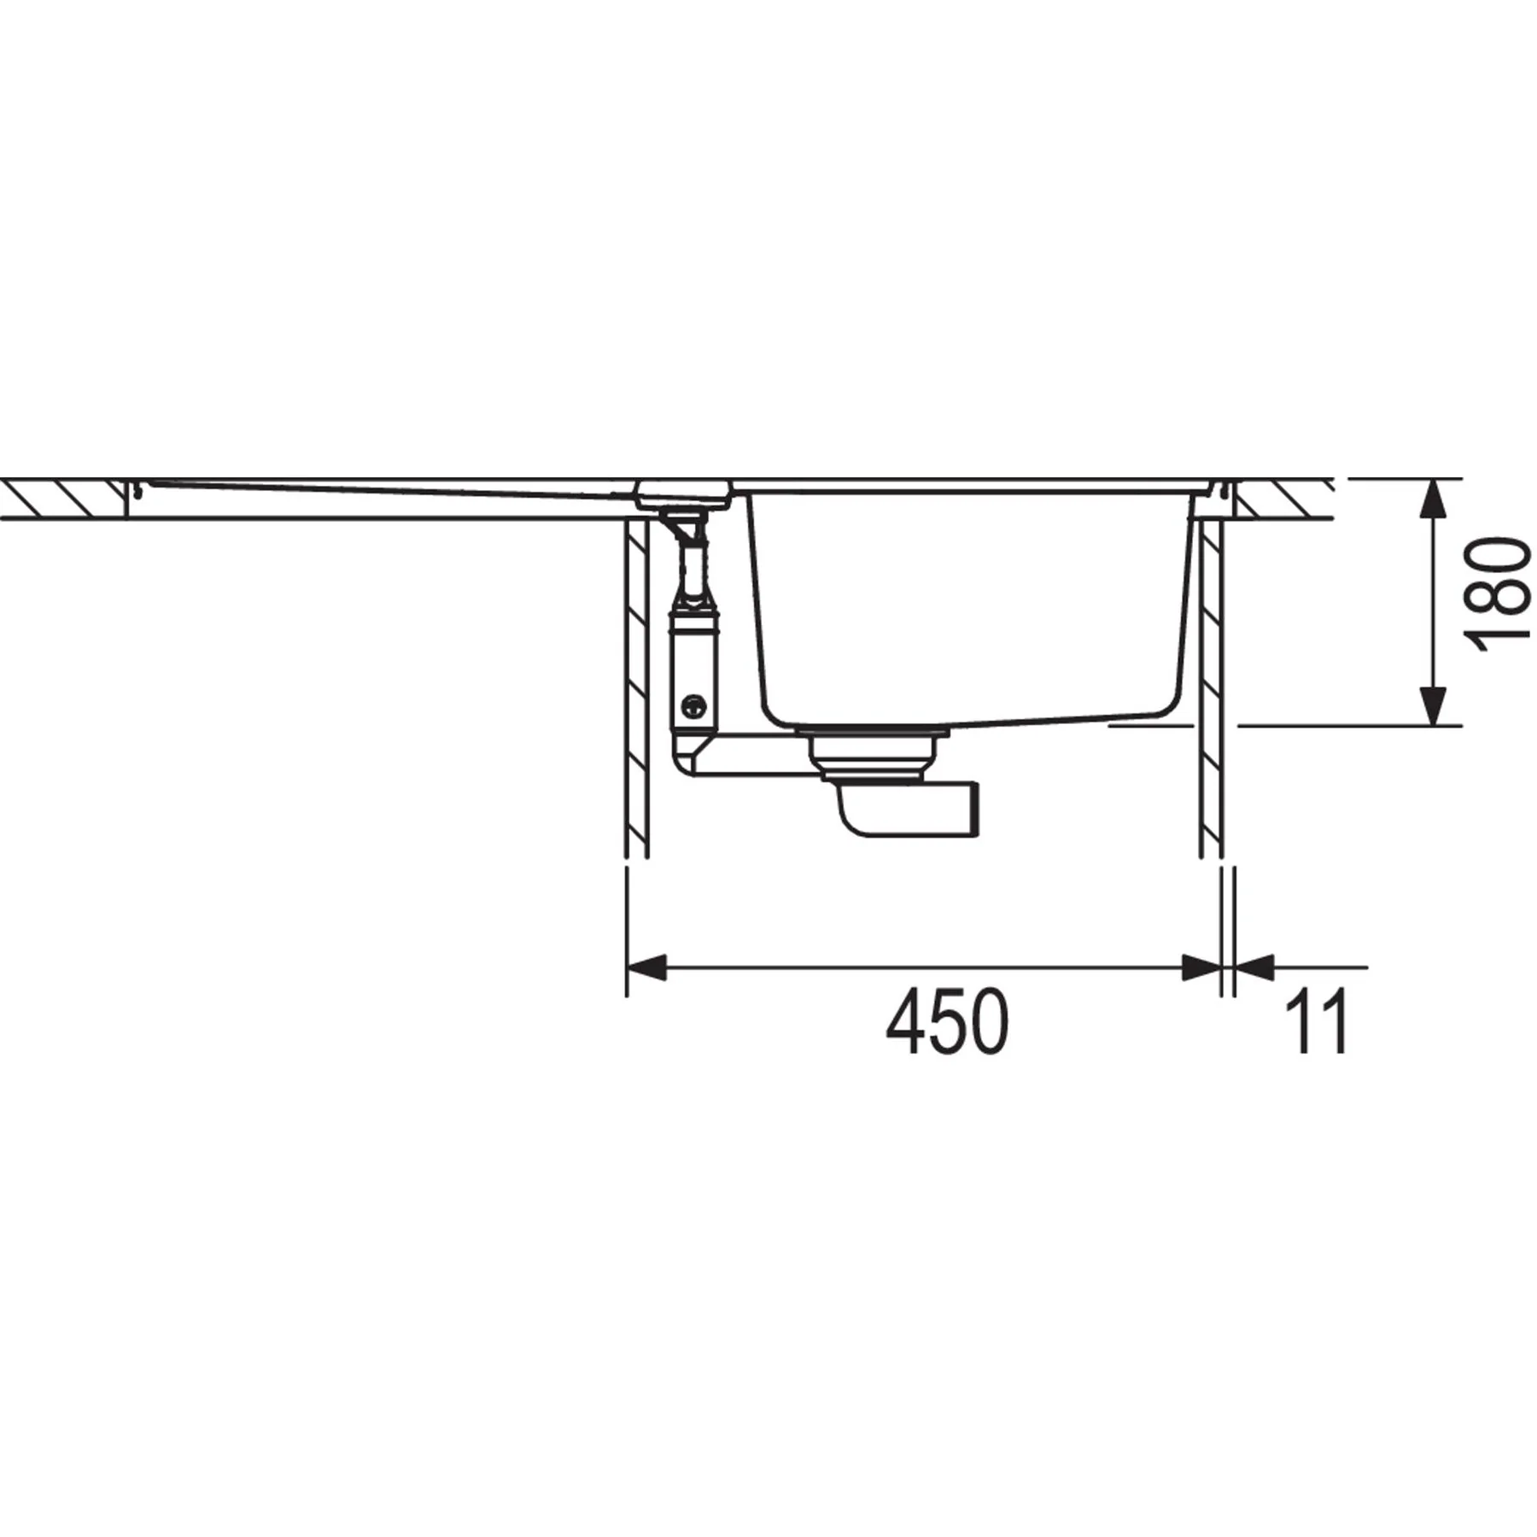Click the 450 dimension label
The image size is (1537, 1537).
click(947, 1022)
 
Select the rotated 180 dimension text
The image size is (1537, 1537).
click(1497, 593)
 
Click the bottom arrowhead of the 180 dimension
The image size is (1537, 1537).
click(1433, 706)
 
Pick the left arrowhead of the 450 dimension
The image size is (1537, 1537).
click(646, 967)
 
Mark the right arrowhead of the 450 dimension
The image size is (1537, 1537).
click(1201, 967)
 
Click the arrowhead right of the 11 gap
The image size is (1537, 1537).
click(1254, 967)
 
